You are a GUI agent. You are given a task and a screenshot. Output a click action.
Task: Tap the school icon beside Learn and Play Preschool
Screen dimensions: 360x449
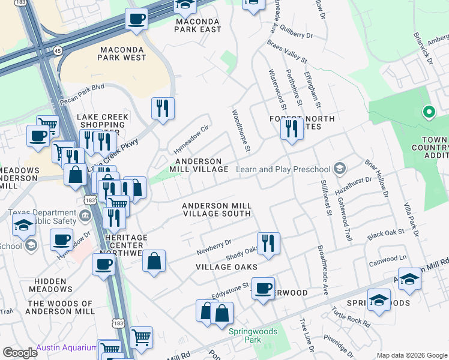click(x=340, y=169)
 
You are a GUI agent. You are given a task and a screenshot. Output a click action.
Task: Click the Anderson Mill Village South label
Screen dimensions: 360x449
click(x=217, y=209)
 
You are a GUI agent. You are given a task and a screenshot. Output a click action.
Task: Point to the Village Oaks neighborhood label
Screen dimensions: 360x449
click(x=227, y=266)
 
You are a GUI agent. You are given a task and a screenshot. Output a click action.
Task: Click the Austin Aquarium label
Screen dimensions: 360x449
click(x=66, y=347)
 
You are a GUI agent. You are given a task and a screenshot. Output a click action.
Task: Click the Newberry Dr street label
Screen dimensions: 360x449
click(x=214, y=245)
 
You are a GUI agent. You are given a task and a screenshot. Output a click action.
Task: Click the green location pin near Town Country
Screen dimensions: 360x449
click(x=429, y=112)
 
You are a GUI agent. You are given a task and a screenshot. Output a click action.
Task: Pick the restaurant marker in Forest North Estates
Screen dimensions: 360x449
click(x=292, y=129)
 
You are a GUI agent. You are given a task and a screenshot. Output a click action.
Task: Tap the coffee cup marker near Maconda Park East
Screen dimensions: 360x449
click(x=137, y=20)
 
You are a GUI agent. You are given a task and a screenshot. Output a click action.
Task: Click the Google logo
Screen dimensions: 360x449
click(x=20, y=353)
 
